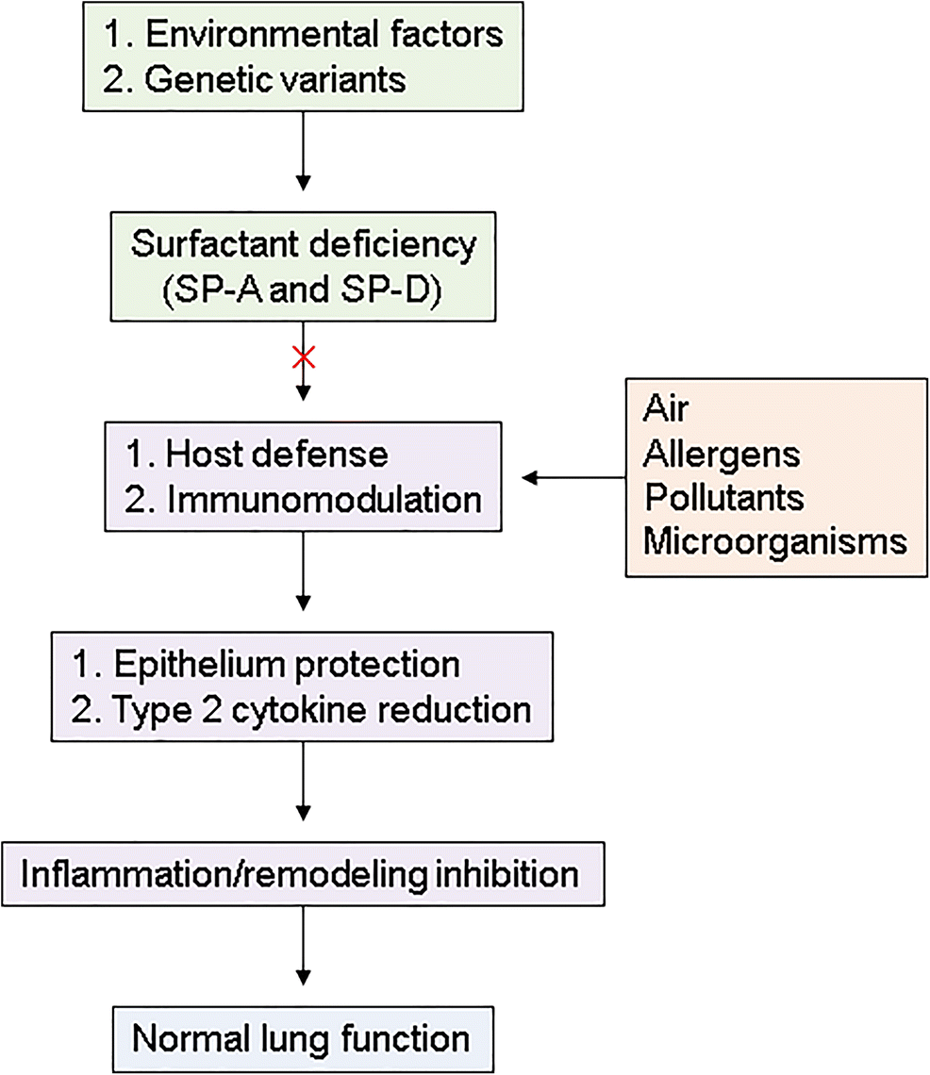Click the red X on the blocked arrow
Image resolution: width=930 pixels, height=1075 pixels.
tap(303, 358)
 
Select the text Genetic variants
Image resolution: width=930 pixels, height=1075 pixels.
tap(275, 79)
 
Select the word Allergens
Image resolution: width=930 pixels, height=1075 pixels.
tap(722, 455)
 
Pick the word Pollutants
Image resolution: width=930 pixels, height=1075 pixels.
tap(723, 497)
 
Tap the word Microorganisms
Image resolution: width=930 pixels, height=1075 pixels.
tap(774, 541)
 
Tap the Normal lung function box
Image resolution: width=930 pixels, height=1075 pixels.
tap(302, 1034)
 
